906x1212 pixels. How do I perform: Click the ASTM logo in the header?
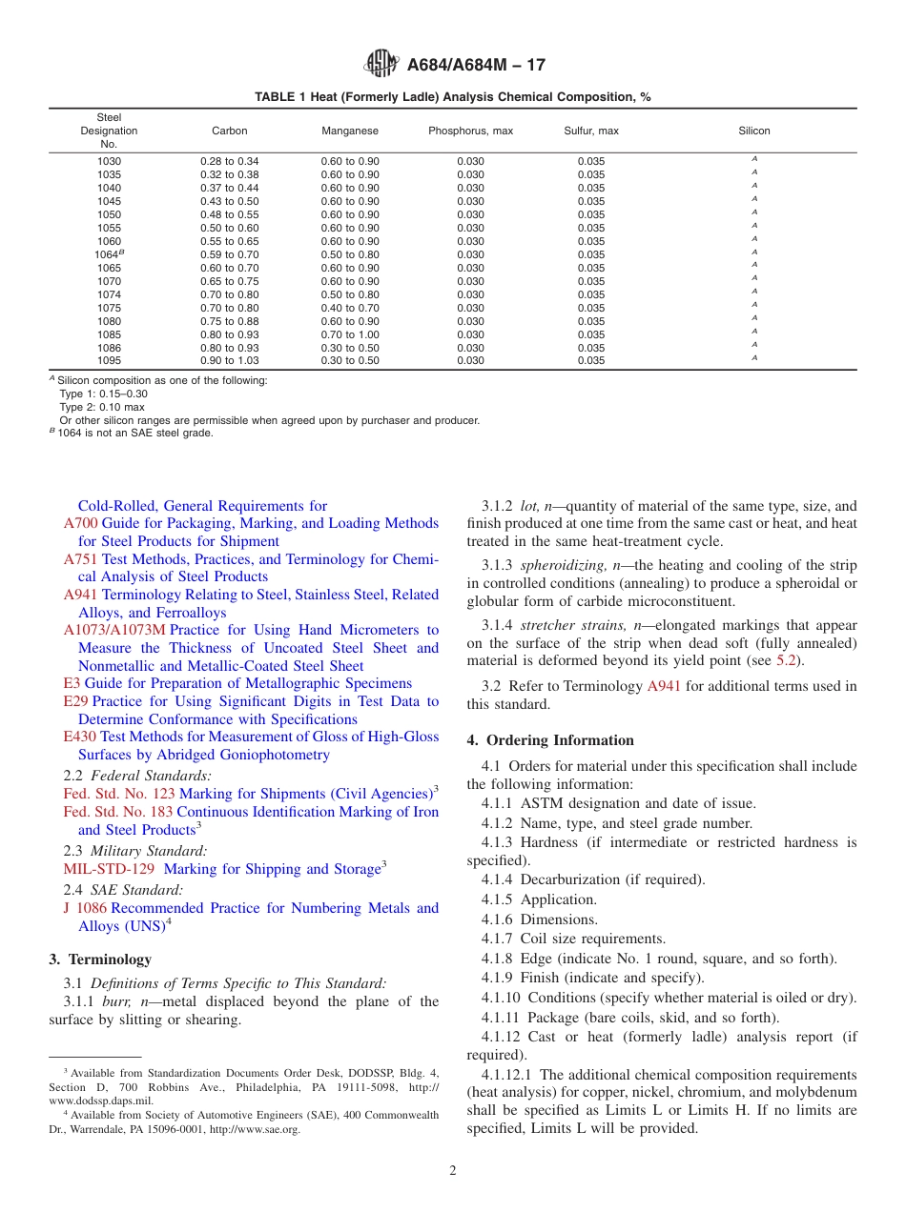click(382, 65)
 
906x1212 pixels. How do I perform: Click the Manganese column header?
click(350, 131)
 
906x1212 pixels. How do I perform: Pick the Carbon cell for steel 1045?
click(229, 201)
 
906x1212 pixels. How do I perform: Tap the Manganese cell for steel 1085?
click(350, 334)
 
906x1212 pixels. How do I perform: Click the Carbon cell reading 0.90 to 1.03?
click(229, 361)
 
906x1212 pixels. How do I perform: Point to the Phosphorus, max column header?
click(470, 131)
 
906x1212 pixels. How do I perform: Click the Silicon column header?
click(753, 131)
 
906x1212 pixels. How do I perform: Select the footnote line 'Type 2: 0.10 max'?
click(102, 407)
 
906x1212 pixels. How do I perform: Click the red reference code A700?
click(80, 523)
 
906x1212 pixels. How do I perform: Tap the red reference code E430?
click(80, 737)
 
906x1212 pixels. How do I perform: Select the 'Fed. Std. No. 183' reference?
click(117, 812)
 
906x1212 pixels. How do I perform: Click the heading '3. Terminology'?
click(99, 959)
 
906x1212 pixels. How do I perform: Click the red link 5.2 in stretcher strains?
click(781, 661)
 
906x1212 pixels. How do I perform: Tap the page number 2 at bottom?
click(453, 1171)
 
